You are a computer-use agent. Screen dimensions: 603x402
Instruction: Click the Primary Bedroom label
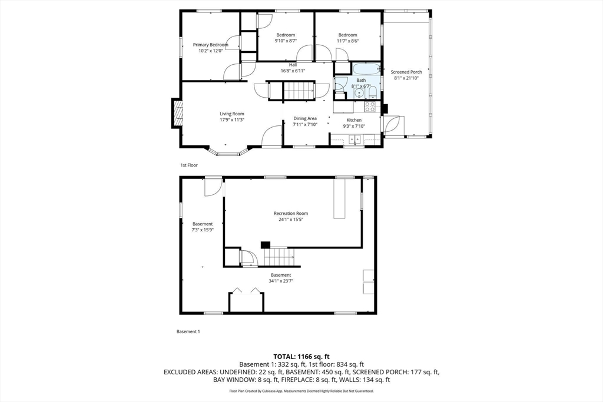210,45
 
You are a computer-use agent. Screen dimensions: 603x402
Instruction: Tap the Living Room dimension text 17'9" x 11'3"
232,120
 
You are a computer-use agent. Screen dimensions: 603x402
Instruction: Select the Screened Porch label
406,72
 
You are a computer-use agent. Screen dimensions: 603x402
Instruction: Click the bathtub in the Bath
367,69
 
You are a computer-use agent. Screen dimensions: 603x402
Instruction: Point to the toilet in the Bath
372,92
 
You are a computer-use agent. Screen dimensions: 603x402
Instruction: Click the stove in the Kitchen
370,106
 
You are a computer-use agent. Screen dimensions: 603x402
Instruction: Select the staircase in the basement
279,257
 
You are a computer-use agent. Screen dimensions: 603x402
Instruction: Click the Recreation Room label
291,213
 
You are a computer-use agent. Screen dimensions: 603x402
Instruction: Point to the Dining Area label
305,118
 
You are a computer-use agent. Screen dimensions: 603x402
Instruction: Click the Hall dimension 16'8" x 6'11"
293,71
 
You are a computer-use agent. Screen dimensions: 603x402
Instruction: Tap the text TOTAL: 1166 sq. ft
301,356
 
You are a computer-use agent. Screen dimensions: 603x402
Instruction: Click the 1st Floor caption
189,165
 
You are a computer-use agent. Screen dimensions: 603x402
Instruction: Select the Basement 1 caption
188,331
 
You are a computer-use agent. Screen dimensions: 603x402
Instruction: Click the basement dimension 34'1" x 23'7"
281,281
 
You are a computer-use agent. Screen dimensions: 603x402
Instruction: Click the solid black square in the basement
266,245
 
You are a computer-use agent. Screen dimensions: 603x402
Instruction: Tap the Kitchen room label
354,120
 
